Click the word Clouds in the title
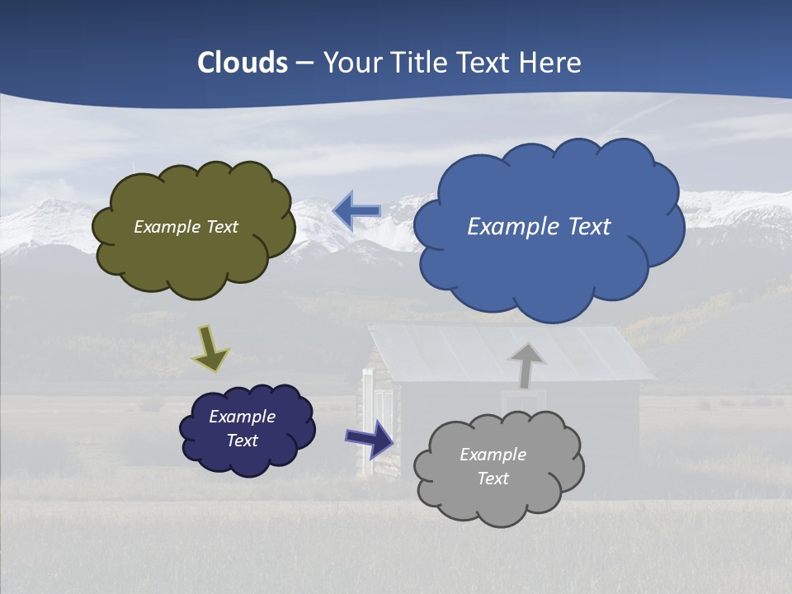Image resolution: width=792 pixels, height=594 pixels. click(x=243, y=62)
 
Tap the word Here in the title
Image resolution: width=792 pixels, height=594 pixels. click(x=551, y=62)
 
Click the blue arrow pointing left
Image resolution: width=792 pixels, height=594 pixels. click(x=357, y=211)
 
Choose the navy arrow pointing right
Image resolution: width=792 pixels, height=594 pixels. click(x=370, y=438)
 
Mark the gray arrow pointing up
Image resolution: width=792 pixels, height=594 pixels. click(x=526, y=364)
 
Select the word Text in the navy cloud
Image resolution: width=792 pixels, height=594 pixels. click(x=243, y=441)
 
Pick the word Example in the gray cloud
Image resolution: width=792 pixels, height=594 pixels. click(x=493, y=455)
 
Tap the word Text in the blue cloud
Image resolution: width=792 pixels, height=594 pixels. click(x=590, y=227)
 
